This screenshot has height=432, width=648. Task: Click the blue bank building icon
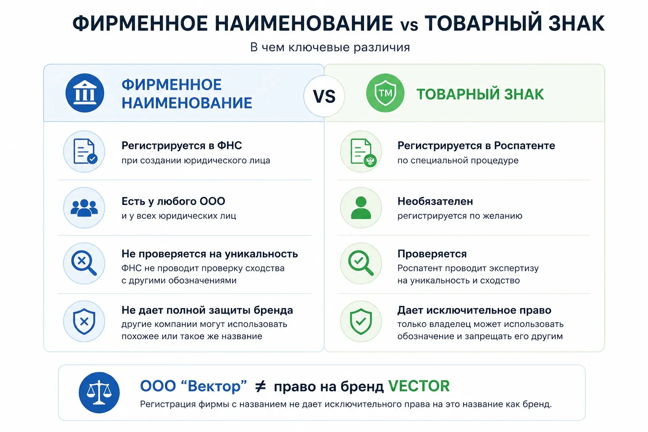(85, 93)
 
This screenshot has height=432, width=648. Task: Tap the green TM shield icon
(385, 93)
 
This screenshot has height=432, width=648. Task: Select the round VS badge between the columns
(324, 96)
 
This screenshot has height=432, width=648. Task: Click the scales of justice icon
(99, 392)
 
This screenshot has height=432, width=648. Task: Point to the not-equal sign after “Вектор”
(260, 386)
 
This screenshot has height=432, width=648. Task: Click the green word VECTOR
(419, 386)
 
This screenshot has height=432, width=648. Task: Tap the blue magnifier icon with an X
(84, 263)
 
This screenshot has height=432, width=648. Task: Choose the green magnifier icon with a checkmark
(361, 263)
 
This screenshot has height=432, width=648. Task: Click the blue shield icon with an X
(84, 321)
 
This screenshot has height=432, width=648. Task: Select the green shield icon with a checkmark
(361, 321)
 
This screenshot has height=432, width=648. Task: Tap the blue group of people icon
(84, 208)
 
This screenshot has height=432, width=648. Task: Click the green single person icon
(361, 208)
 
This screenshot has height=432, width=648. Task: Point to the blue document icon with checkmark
(85, 151)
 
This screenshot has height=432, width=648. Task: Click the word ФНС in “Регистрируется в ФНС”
(229, 146)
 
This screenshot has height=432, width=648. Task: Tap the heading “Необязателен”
(435, 201)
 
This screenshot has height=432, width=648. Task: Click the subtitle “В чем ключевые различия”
(330, 47)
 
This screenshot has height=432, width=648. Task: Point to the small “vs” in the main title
(409, 25)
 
